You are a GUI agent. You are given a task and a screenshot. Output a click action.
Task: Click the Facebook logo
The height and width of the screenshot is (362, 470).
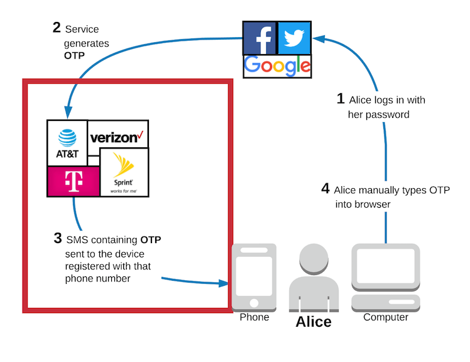pos(260,38)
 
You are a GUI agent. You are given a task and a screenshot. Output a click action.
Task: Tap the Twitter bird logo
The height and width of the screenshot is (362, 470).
pos(294,38)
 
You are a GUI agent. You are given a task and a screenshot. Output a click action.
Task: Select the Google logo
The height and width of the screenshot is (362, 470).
pos(277,65)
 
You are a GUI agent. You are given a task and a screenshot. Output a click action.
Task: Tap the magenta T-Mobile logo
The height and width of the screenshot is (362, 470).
pos(74,182)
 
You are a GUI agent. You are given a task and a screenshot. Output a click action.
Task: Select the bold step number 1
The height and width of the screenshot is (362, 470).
pos(341,99)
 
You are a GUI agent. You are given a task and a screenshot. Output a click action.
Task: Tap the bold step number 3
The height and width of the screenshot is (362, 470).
pos(58,239)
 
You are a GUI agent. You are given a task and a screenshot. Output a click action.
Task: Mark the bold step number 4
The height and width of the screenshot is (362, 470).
pos(325,189)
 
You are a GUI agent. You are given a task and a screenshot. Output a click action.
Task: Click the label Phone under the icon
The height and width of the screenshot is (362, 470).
pos(254,317)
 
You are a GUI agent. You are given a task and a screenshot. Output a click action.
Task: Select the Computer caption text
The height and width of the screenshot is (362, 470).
pos(386,317)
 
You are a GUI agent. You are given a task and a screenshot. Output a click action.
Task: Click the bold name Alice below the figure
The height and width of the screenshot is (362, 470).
pos(314,322)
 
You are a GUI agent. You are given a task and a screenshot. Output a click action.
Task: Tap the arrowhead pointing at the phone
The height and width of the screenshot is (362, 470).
pos(223,285)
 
